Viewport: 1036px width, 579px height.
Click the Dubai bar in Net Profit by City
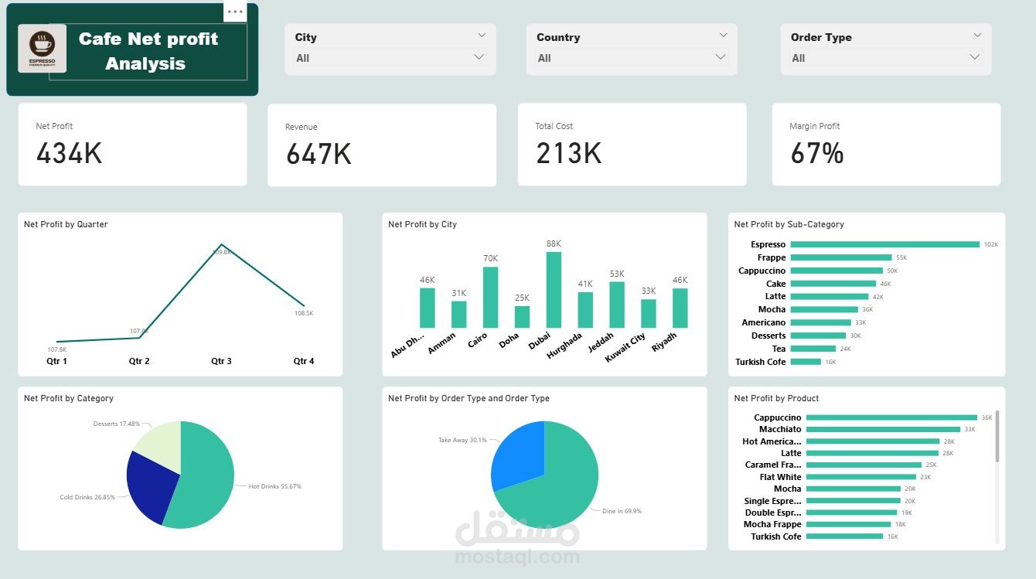coord(554,290)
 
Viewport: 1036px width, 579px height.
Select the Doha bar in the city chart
coord(522,317)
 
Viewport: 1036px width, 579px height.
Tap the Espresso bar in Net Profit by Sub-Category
coord(884,244)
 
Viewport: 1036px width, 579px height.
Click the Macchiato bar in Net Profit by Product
coord(883,429)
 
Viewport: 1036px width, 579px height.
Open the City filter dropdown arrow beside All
coord(479,57)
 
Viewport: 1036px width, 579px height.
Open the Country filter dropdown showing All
coord(721,57)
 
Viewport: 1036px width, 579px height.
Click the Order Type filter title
coord(821,37)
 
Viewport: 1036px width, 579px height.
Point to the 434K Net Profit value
coord(69,153)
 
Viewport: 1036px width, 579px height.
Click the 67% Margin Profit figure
coord(816,153)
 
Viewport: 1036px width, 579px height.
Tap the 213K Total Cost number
coord(568,153)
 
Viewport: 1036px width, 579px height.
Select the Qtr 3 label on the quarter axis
coord(221,361)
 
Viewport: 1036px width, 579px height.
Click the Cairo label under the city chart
coord(479,339)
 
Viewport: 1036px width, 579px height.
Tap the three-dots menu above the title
coord(235,12)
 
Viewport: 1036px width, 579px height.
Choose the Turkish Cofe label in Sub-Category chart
coord(760,362)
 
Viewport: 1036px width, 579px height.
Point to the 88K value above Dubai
coord(554,244)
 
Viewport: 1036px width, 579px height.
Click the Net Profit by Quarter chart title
coord(66,224)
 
